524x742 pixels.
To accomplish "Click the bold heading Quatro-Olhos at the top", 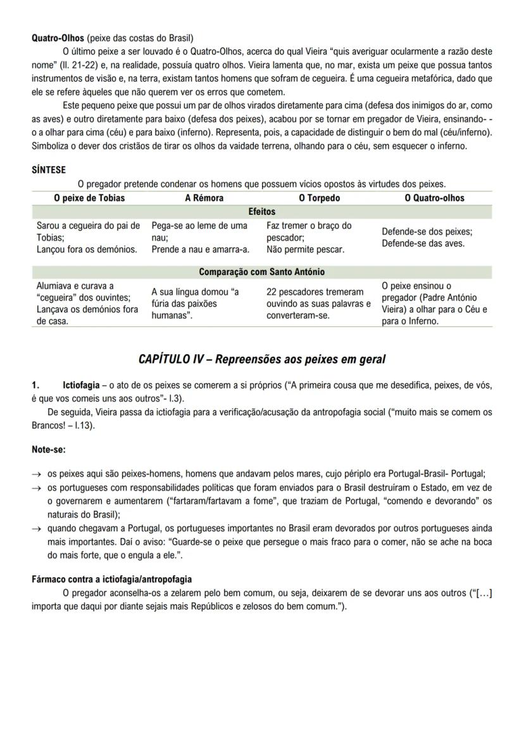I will click(x=58, y=38).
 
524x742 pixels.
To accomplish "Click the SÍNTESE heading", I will click(x=49, y=170).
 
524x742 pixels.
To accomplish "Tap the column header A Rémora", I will click(x=204, y=198).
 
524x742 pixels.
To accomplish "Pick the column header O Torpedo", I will click(x=319, y=198).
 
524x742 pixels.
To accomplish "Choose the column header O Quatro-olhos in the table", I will click(x=434, y=198).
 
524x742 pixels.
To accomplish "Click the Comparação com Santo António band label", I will click(x=262, y=272).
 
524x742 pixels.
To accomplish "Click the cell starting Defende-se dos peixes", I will click(x=427, y=237).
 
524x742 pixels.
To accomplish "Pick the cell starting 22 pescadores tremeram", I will click(x=318, y=304).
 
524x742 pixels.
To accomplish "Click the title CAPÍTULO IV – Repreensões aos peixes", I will click(x=261, y=359).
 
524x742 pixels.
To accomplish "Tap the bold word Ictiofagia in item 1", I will click(x=81, y=385).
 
